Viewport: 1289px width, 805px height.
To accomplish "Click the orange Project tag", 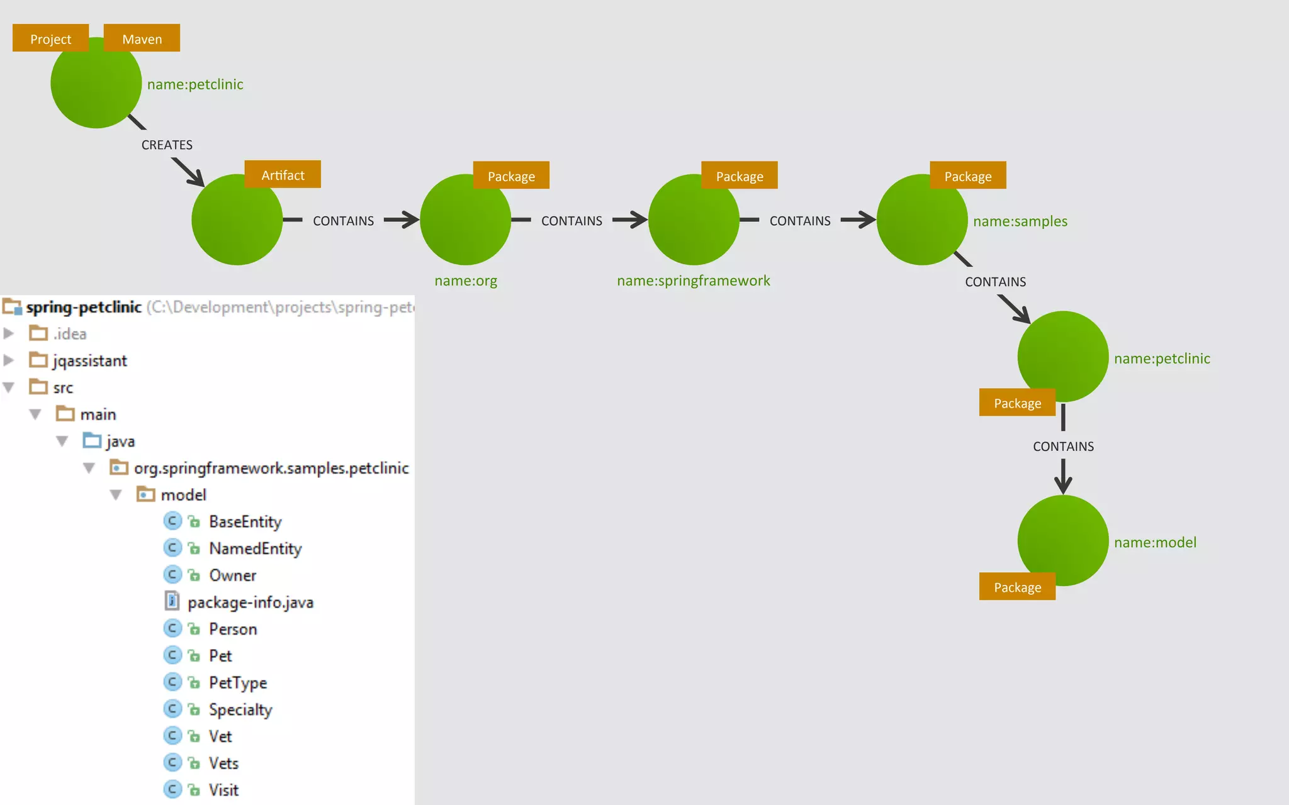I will tap(50, 38).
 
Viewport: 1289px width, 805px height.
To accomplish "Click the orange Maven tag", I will tap(142, 38).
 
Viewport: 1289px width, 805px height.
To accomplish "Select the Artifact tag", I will tap(283, 175).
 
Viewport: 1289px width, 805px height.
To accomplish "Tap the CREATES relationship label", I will tap(167, 145).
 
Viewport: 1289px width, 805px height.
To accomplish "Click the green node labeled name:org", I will tap(465, 219).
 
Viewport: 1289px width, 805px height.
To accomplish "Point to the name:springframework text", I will tap(693, 280).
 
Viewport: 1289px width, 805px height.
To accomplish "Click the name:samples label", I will tap(1020, 221).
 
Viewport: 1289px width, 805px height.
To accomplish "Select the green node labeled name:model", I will tap(1062, 540).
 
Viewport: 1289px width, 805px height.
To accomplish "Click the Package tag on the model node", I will tap(1017, 587).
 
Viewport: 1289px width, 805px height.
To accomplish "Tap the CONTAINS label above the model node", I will tap(1063, 447).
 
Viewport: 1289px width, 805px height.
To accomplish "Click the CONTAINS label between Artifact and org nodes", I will tap(343, 221).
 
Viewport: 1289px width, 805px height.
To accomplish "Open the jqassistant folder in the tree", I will tap(89, 361).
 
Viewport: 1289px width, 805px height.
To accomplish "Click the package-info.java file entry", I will tap(250, 602).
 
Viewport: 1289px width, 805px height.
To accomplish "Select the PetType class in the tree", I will tap(238, 683).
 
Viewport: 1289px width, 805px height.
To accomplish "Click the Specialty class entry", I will tap(240, 710).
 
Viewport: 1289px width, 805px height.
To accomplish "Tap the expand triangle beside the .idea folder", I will tap(9, 333).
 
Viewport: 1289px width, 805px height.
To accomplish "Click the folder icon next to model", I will tap(145, 495).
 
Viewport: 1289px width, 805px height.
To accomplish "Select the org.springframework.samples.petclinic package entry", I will tap(271, 469).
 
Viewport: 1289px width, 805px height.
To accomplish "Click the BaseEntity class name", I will tap(245, 522).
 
